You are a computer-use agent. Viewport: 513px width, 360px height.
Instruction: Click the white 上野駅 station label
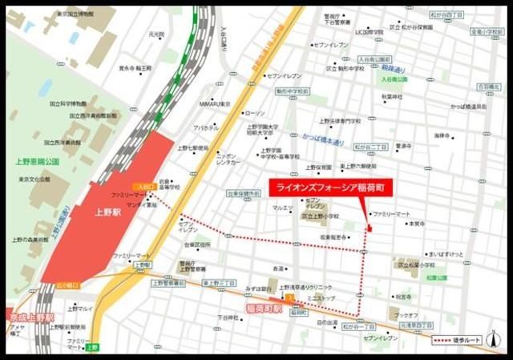107,214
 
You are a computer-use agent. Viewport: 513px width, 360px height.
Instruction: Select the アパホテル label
205,127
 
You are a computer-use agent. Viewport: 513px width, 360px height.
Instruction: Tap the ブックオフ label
407,315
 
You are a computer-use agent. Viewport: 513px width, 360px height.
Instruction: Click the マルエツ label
282,208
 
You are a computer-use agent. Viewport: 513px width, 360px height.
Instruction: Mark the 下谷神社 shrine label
228,318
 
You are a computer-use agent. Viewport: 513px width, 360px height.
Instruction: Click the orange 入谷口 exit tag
139,186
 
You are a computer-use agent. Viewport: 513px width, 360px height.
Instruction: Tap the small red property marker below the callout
369,230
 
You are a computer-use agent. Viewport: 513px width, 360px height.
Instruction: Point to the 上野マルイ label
80,307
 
